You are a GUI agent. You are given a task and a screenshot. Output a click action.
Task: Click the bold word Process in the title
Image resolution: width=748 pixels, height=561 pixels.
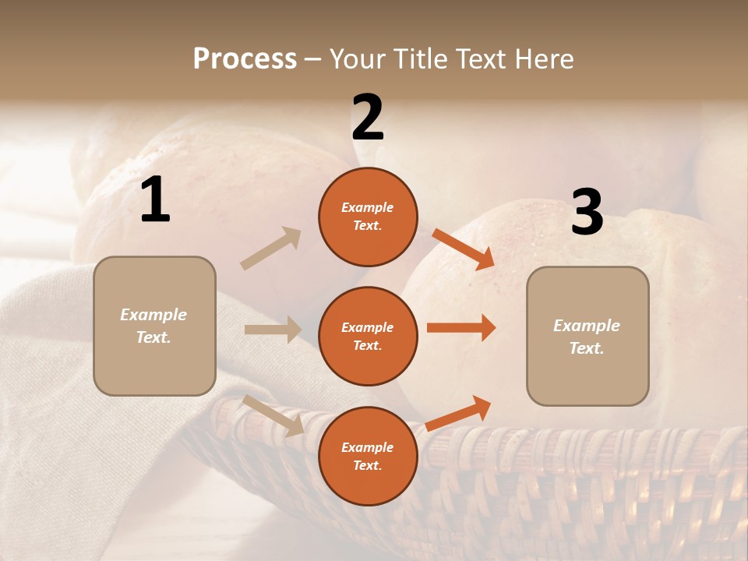pyautogui.click(x=245, y=58)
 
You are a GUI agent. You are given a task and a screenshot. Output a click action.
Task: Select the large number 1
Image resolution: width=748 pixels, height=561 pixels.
pyautogui.click(x=155, y=200)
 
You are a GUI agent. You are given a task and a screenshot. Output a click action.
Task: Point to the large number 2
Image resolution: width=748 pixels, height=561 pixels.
pyautogui.click(x=368, y=118)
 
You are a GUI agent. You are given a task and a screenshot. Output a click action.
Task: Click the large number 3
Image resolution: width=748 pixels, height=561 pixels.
pyautogui.click(x=587, y=212)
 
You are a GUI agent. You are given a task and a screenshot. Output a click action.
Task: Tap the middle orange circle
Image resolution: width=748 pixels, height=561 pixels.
pyautogui.click(x=368, y=336)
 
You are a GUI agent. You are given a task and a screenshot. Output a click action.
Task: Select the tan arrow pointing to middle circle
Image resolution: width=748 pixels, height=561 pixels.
pyautogui.click(x=273, y=330)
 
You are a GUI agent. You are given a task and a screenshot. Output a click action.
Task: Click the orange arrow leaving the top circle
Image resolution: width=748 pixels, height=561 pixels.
pyautogui.click(x=464, y=249)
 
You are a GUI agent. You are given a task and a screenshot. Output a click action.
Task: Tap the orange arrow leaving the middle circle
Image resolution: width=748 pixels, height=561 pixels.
pyautogui.click(x=461, y=328)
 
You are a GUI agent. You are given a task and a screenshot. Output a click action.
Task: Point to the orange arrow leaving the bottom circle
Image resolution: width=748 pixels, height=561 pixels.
pyautogui.click(x=459, y=413)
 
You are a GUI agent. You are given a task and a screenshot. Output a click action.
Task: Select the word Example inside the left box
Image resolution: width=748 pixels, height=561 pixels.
pyautogui.click(x=153, y=315)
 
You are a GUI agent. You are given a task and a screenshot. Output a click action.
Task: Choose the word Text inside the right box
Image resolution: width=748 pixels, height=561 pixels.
pyautogui.click(x=586, y=348)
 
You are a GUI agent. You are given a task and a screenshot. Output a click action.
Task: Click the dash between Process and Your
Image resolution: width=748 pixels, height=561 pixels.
pyautogui.click(x=313, y=59)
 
